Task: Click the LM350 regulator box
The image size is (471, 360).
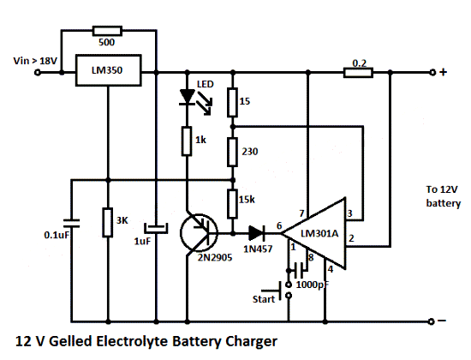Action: click(x=108, y=70)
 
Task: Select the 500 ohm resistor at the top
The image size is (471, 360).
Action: click(x=107, y=31)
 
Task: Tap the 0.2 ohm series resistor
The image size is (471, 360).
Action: click(x=358, y=73)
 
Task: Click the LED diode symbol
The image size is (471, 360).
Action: click(x=187, y=97)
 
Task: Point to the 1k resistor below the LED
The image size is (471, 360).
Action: click(x=187, y=141)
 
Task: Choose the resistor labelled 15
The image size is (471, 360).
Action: click(x=232, y=102)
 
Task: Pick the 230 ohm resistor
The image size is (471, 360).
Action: click(x=232, y=152)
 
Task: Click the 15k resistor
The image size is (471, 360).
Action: click(x=232, y=204)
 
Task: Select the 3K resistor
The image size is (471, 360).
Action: click(x=108, y=222)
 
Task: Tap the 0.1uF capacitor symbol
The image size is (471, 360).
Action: click(x=71, y=223)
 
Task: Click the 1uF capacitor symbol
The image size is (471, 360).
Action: click(x=156, y=228)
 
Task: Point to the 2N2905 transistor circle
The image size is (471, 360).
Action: click(x=199, y=233)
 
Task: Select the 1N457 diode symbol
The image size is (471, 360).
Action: click(x=257, y=233)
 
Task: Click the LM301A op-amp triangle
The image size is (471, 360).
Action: click(x=314, y=233)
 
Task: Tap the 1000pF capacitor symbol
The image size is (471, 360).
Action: click(x=300, y=270)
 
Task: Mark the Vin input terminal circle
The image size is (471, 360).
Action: click(x=37, y=73)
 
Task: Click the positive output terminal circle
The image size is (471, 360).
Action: click(x=432, y=73)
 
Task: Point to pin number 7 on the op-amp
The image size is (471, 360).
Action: click(x=302, y=213)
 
